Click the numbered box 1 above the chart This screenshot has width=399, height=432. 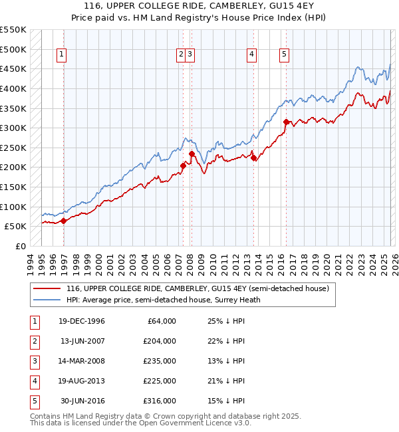[61, 55]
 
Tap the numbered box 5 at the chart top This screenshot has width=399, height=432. [285, 55]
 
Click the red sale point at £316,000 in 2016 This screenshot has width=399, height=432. [286, 122]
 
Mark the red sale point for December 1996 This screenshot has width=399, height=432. [64, 221]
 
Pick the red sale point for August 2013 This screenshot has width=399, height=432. [253, 158]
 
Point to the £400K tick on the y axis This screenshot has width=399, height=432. [13, 88]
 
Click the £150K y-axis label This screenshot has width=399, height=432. [13, 187]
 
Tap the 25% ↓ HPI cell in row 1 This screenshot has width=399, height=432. [222, 321]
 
